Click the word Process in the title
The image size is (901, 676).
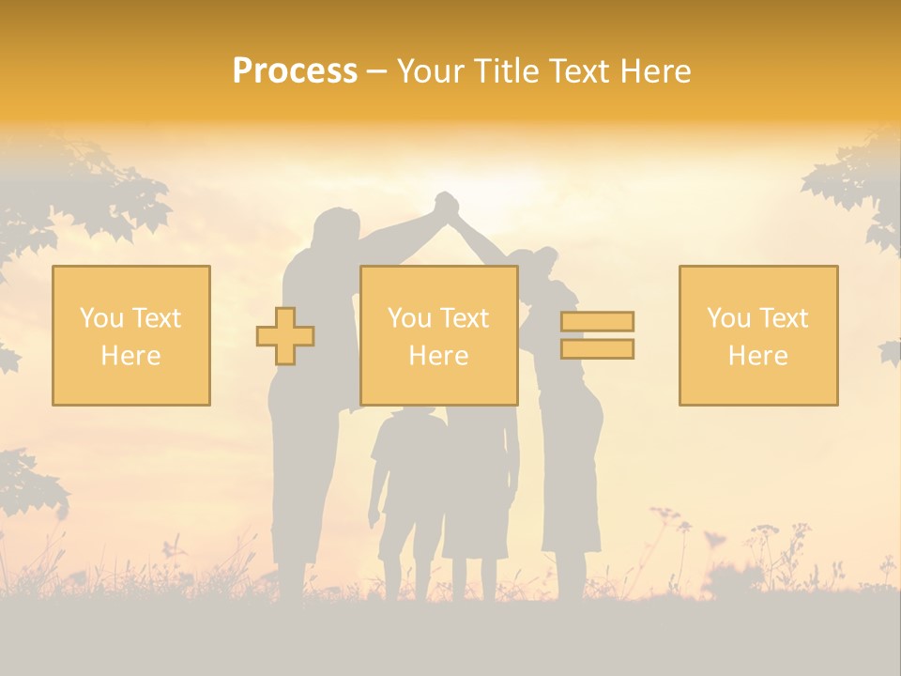[x=295, y=71]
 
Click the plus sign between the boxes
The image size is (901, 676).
[x=285, y=335]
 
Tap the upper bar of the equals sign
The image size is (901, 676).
[x=597, y=321]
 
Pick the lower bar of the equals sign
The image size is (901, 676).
[x=597, y=348]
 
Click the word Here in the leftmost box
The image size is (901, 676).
[x=130, y=356]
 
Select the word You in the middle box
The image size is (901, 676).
[x=409, y=318]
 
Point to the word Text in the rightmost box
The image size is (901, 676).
[x=786, y=318]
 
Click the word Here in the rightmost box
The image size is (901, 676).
[x=757, y=356]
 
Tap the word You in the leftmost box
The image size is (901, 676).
[x=100, y=318]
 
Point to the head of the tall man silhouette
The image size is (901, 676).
[x=336, y=231]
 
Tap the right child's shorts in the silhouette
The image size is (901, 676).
[x=475, y=535]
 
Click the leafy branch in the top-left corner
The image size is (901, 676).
[x=84, y=188]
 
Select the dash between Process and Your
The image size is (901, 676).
[x=376, y=72]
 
